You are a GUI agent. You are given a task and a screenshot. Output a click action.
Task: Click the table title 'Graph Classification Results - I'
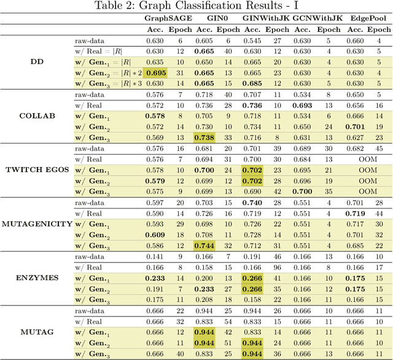pos(196,7)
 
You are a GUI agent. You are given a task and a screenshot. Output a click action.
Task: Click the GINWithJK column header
pos(265,19)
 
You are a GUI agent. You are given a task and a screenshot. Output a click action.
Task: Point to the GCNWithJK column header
pos(316,19)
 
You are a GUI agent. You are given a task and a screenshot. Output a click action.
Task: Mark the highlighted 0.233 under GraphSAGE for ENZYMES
pos(155,278)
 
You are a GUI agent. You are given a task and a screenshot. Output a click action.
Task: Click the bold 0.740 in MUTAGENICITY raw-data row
pos(254,202)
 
